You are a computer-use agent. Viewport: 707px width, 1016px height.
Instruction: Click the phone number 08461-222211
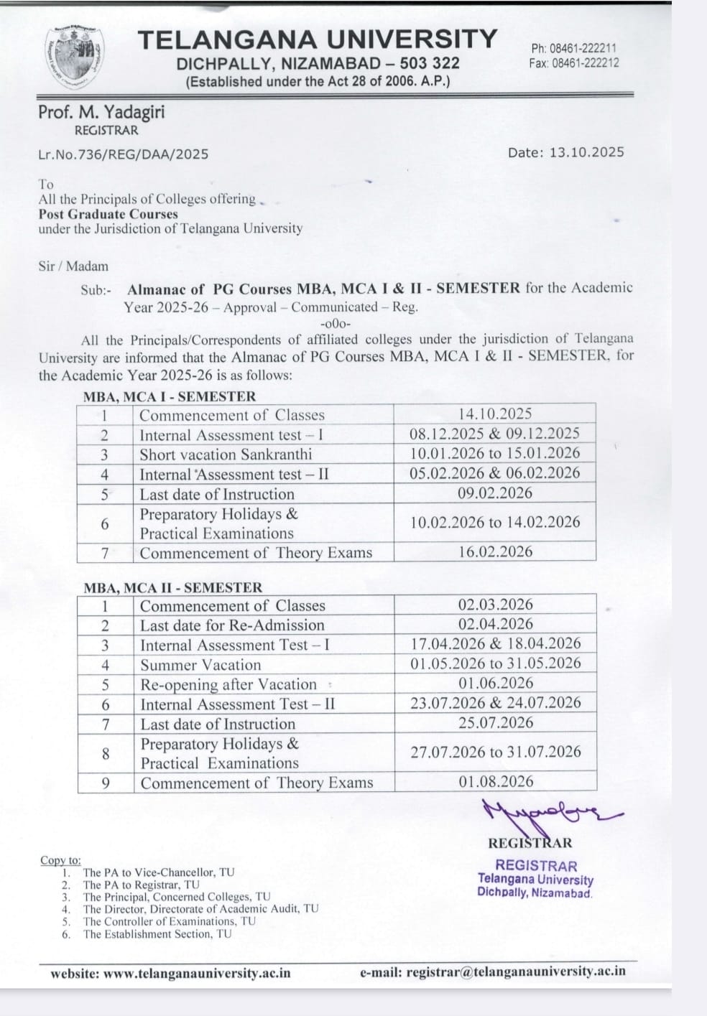583,49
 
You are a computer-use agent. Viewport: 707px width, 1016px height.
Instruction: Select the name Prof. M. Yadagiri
101,112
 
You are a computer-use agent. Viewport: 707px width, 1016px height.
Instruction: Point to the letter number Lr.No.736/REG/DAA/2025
123,154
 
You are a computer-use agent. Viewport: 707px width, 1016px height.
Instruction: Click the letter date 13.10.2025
586,152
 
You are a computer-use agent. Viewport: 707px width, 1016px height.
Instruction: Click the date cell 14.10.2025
494,414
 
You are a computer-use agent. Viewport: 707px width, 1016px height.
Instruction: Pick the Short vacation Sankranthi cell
226,455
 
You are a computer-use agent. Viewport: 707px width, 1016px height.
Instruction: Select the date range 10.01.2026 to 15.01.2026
494,453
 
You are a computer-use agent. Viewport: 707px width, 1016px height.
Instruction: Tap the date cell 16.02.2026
495,551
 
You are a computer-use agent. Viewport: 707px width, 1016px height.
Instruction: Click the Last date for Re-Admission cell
232,625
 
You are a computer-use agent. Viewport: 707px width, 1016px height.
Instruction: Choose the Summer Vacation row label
200,665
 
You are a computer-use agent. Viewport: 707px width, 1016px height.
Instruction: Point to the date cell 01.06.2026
496,683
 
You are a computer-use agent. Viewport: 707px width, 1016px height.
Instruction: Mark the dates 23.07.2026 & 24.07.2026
495,703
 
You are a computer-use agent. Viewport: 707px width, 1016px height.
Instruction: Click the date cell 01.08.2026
496,781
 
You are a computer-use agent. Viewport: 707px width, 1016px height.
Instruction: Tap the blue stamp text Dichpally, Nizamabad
534,893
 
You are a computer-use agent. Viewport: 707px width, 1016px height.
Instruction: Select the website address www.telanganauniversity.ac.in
197,974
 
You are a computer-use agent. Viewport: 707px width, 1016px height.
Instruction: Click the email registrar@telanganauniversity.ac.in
515,972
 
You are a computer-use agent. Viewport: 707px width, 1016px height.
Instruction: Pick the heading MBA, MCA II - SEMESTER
172,587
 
